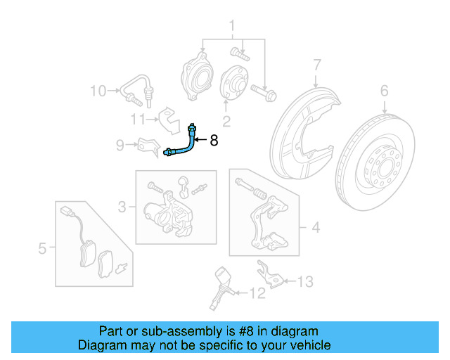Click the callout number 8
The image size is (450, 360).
tap(214, 141)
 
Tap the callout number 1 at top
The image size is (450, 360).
tap(230, 28)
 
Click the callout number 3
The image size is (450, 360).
tap(122, 207)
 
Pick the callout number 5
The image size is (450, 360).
tap(41, 248)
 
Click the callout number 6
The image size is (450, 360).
tap(385, 90)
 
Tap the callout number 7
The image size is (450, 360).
tap(317, 65)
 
